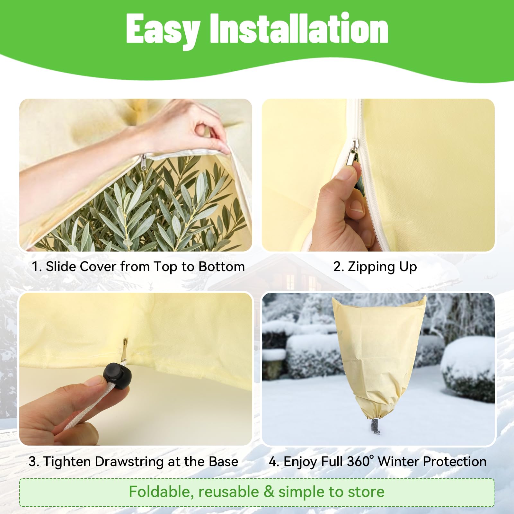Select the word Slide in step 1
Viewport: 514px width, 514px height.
(x=61, y=266)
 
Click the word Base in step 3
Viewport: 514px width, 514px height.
(x=223, y=462)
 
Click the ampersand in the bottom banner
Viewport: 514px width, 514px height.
(x=269, y=492)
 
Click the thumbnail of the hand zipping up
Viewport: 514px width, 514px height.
(x=378, y=175)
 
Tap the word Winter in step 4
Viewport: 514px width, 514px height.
(x=398, y=462)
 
